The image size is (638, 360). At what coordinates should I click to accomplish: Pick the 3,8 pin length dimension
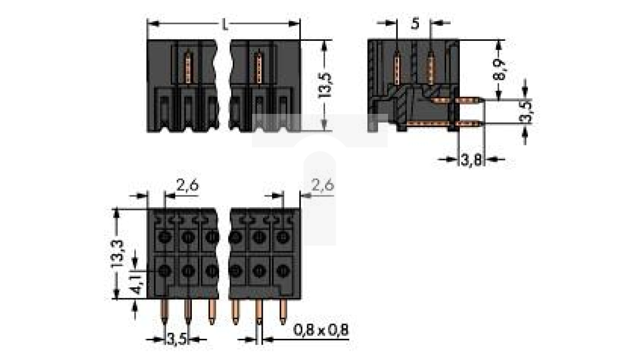click(x=471, y=161)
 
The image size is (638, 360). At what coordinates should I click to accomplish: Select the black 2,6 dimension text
click(x=187, y=186)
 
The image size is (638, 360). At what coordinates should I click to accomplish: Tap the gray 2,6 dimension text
click(x=322, y=186)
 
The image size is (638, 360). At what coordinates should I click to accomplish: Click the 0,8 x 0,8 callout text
click(x=321, y=330)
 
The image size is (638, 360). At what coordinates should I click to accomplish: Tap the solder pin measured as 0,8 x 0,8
click(x=259, y=312)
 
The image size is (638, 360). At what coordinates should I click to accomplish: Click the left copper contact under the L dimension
click(x=189, y=68)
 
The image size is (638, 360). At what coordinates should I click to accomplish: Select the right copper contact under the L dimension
click(x=257, y=68)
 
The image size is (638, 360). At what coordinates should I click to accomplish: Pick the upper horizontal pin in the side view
click(x=469, y=99)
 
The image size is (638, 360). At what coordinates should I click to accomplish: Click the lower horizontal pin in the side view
click(x=469, y=124)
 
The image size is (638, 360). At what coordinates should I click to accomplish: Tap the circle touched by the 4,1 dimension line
click(x=164, y=270)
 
